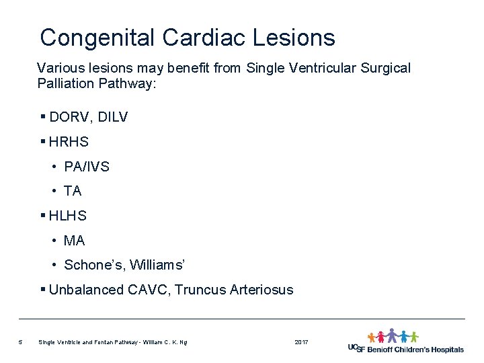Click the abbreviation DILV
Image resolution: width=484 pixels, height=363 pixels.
(x=113, y=117)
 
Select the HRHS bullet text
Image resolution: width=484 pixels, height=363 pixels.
(x=69, y=142)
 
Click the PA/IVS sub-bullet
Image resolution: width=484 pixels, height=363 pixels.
(x=86, y=167)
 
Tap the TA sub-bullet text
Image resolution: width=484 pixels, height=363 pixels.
(x=73, y=191)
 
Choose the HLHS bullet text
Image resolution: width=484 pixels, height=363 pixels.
(x=68, y=216)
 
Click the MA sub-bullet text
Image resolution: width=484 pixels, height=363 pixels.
(x=74, y=240)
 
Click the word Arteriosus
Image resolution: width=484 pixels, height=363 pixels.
(x=261, y=290)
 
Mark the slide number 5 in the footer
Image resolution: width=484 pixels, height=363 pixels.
(x=21, y=343)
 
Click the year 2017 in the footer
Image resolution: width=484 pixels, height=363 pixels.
(x=301, y=343)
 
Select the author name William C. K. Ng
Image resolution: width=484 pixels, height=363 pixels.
(x=163, y=343)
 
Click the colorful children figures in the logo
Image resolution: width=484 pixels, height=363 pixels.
(x=393, y=336)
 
